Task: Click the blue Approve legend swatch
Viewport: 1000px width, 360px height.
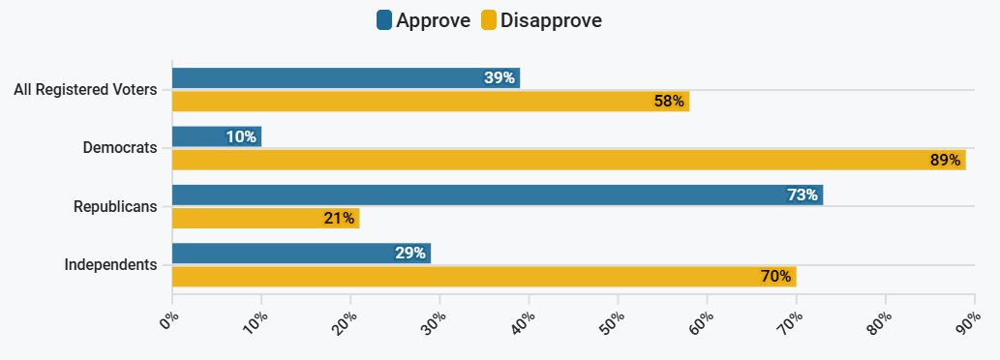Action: pos(383,20)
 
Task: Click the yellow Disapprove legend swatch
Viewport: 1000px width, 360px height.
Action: pos(489,20)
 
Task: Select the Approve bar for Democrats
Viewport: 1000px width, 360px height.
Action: pos(217,136)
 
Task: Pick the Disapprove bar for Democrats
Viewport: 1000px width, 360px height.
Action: pos(568,160)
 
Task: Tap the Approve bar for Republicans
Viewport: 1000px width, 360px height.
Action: pos(498,195)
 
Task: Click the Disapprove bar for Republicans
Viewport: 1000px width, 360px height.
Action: pos(265,218)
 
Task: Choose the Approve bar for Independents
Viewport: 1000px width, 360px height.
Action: pos(301,254)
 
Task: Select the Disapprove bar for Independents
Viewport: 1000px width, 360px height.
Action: pos(484,277)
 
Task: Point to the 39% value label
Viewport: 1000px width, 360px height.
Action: pos(500,78)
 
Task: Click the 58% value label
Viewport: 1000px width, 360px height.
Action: pos(669,101)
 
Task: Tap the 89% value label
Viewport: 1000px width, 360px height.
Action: pos(945,160)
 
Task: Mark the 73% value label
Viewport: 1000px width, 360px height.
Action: pos(803,195)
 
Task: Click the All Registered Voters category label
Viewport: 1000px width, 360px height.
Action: pos(85,90)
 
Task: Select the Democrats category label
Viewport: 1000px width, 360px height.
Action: pos(120,148)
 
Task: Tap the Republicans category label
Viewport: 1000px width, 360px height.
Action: pos(115,206)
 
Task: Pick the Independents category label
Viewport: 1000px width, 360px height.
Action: pos(110,264)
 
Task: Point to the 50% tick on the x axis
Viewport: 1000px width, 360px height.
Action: pos(611,319)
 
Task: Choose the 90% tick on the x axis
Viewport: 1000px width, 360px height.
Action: pos(967,319)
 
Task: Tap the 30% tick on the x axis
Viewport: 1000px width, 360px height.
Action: pos(433,319)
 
